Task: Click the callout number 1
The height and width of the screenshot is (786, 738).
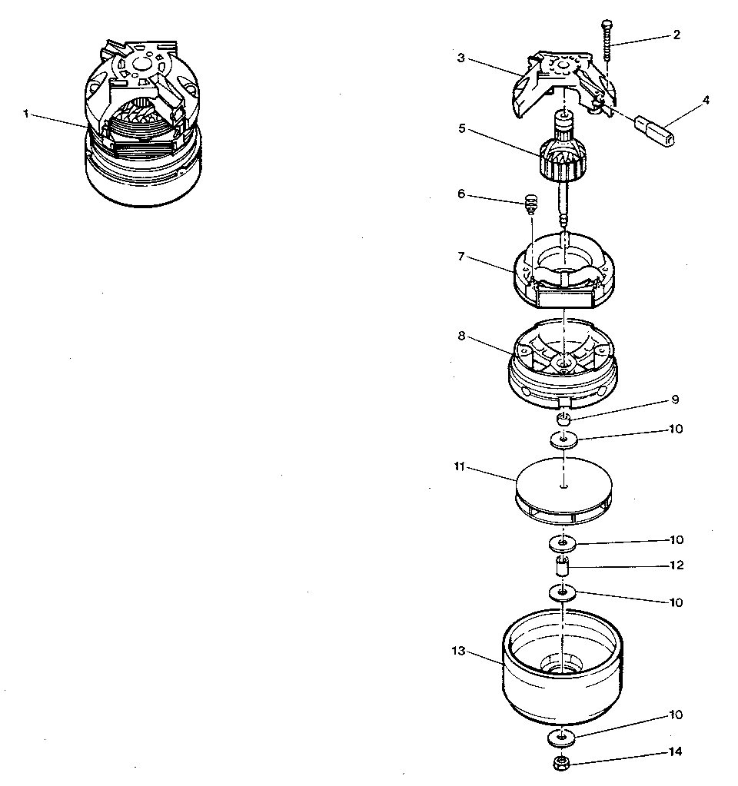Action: [x=25, y=114]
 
